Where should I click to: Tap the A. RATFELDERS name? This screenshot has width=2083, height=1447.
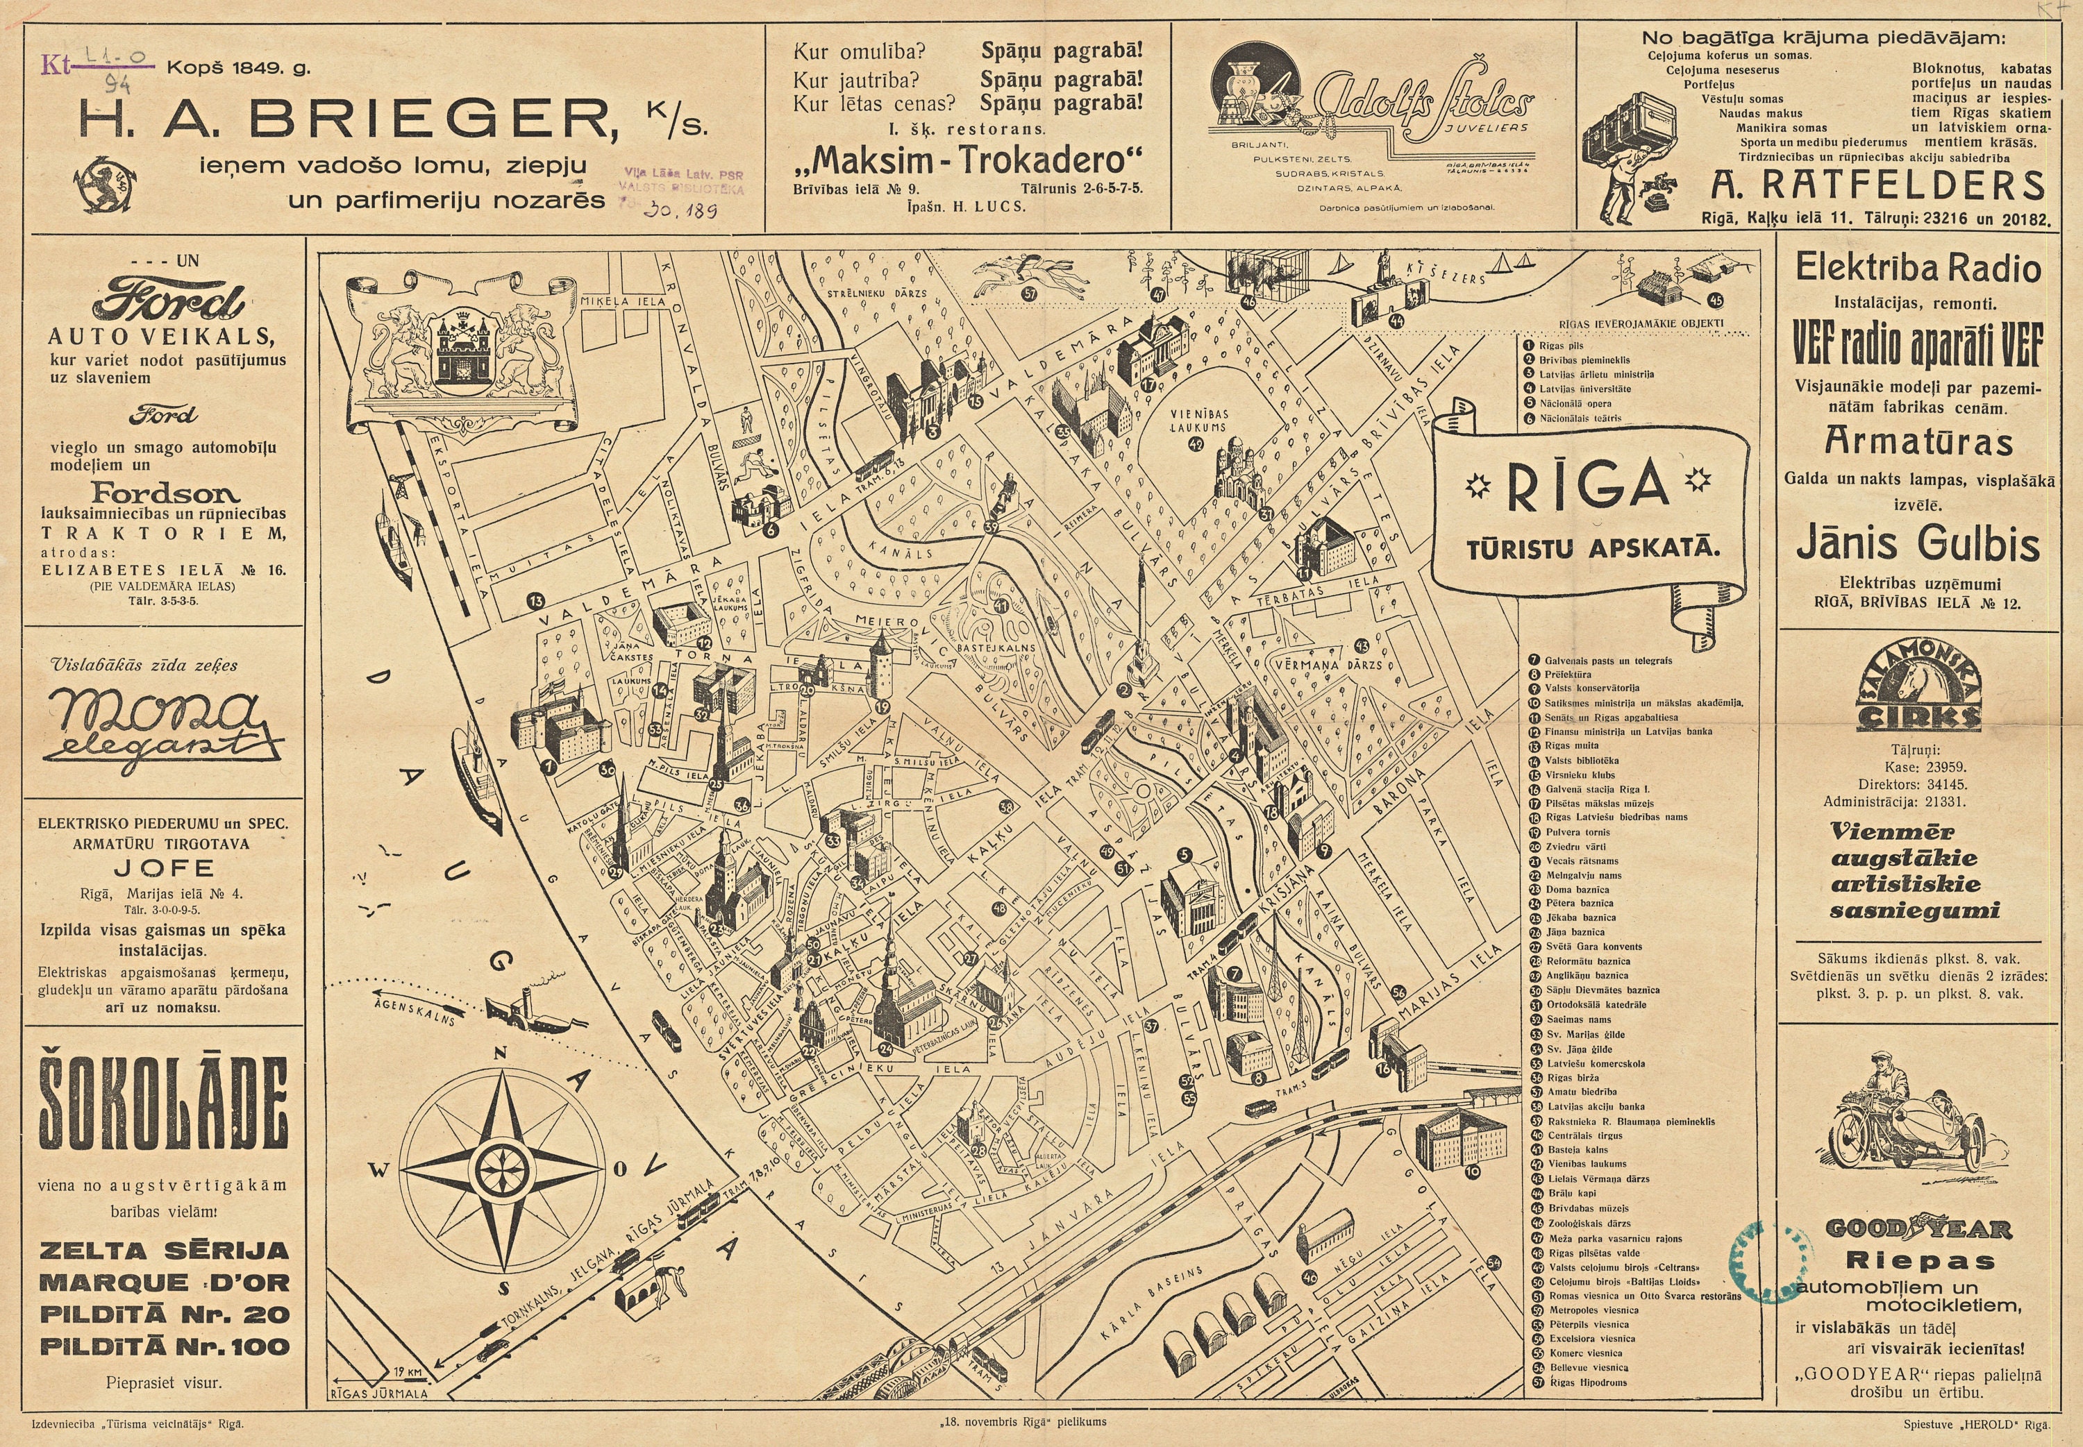click(1877, 185)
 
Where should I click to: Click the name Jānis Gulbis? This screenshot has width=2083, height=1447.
click(1918, 544)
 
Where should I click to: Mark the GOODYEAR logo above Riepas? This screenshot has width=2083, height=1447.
click(1918, 1229)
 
